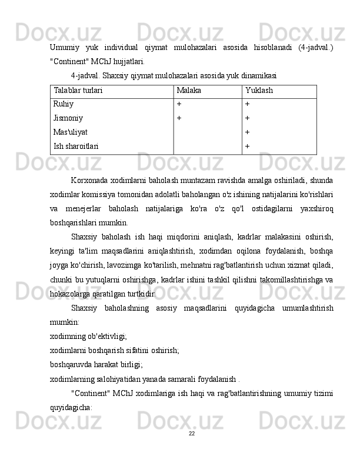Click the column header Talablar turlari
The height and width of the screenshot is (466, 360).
(78, 92)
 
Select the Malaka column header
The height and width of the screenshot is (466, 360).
(189, 92)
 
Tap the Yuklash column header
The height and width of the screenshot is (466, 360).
(259, 92)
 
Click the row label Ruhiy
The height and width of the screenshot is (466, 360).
(64, 104)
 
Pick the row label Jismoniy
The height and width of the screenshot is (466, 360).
(68, 118)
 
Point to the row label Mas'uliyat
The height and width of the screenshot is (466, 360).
(71, 132)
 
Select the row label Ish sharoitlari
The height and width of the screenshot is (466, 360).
(76, 145)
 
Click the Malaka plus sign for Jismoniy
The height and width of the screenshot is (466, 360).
(179, 118)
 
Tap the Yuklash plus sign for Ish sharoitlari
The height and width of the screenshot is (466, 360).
(248, 145)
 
